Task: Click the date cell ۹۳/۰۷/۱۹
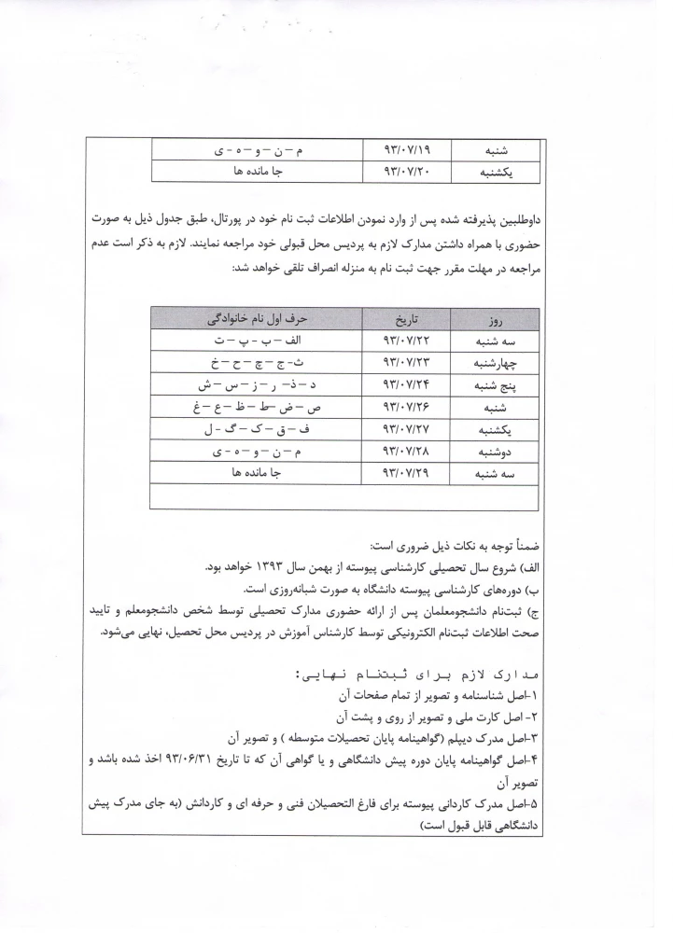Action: (403, 150)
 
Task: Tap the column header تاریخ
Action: (403, 318)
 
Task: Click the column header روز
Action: (497, 318)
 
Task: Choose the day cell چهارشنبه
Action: (497, 363)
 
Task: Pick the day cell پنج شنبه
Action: (497, 385)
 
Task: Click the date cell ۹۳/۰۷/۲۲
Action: (403, 341)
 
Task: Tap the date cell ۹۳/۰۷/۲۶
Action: (403, 408)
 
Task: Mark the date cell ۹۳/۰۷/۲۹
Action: (403, 474)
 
